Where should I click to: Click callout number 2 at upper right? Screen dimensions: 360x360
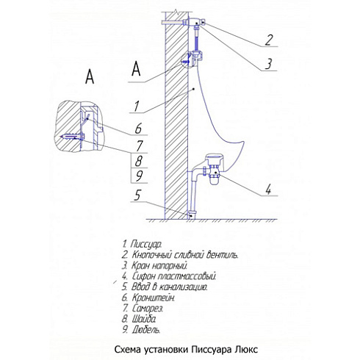click(x=269, y=40)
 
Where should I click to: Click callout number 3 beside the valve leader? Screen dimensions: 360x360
click(x=269, y=64)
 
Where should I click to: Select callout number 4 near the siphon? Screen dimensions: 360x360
click(x=269, y=190)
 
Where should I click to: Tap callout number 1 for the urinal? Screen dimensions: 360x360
click(x=137, y=107)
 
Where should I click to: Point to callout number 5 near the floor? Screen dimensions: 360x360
click(x=137, y=195)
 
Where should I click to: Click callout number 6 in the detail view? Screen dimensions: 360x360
click(x=138, y=129)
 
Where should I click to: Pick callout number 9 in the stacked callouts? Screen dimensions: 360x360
click(x=140, y=176)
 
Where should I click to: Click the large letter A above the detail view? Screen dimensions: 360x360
click(x=90, y=76)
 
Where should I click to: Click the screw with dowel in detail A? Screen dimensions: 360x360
click(x=73, y=137)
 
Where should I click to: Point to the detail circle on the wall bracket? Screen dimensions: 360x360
click(x=187, y=60)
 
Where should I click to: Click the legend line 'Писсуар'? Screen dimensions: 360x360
click(x=142, y=244)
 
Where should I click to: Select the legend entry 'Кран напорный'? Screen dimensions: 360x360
click(x=155, y=265)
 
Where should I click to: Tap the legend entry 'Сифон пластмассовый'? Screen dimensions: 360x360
click(x=169, y=276)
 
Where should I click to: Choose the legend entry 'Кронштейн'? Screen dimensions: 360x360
click(x=148, y=298)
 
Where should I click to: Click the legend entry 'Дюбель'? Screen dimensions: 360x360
click(x=141, y=330)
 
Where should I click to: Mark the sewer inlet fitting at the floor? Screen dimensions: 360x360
click(x=192, y=214)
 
